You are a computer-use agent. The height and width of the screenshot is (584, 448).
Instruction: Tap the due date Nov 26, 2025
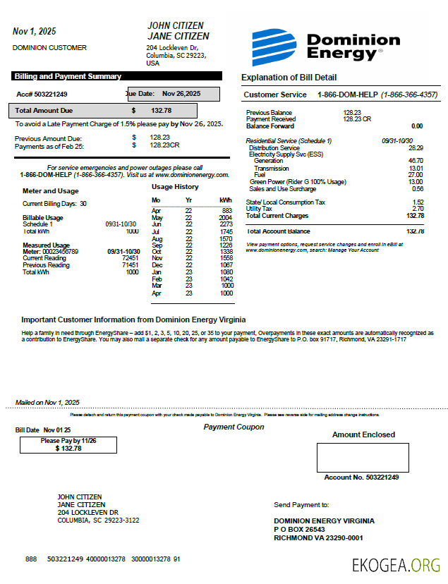tap(181, 93)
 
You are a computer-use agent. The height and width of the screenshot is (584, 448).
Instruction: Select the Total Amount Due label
tap(44, 111)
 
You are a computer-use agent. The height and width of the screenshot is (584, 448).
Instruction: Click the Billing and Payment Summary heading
tap(68, 76)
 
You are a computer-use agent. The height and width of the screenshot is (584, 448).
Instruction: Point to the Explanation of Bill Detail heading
tap(289, 78)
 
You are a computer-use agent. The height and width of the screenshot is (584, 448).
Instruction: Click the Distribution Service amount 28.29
tap(416, 148)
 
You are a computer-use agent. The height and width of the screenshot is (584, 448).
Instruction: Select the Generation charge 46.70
tap(416, 162)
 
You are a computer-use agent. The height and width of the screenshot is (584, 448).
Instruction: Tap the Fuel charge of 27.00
tap(416, 175)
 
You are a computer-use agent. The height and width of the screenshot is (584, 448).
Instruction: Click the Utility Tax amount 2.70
tap(417, 209)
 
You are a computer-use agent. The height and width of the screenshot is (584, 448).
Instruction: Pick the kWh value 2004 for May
tap(225, 218)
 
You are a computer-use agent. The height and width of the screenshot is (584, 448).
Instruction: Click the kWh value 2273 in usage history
tap(225, 224)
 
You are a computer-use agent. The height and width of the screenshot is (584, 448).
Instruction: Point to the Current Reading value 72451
tap(128, 258)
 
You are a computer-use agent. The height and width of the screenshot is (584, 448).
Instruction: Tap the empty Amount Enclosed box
tap(363, 457)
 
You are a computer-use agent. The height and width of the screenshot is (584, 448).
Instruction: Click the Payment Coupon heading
tap(234, 427)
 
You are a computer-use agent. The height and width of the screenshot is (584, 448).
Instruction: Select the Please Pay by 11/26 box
tap(68, 444)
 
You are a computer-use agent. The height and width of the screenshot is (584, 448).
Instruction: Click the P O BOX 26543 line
tap(299, 529)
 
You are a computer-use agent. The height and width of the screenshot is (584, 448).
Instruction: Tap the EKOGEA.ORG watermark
tap(396, 564)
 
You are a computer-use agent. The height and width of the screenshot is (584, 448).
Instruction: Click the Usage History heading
tap(175, 187)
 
